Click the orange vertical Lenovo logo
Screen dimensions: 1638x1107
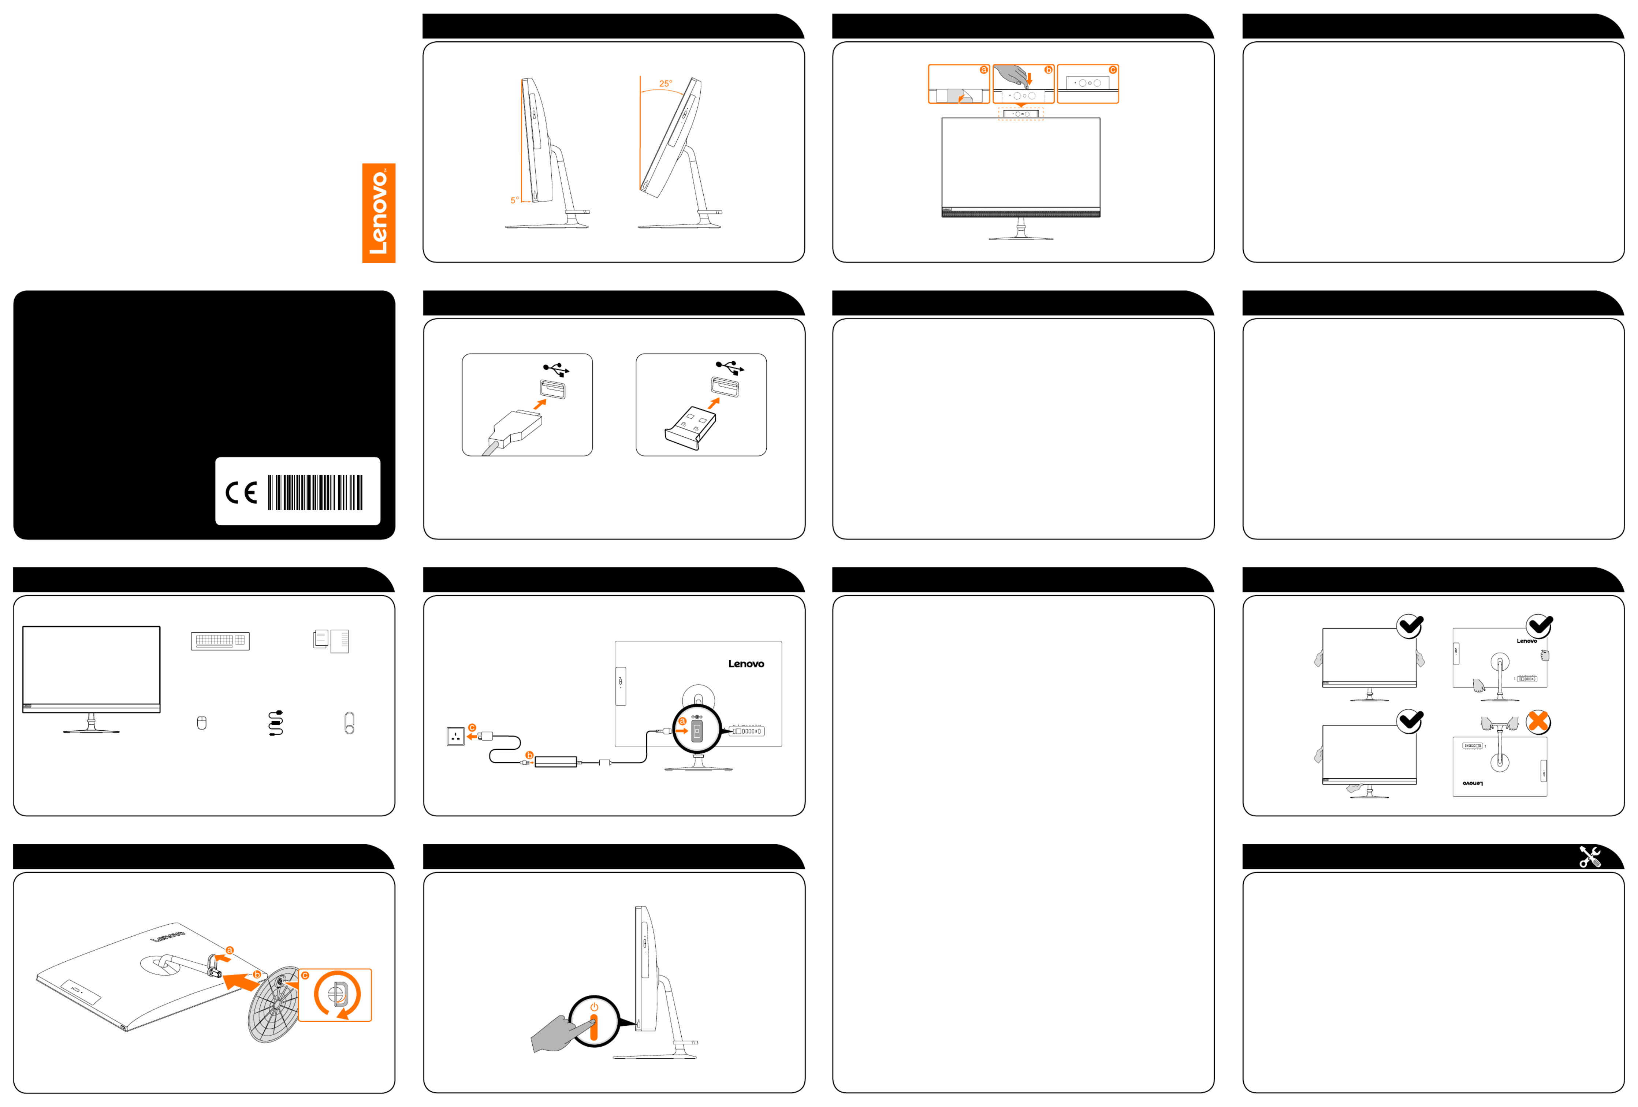379,213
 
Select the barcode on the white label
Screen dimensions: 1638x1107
315,492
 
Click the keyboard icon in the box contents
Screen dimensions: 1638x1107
220,641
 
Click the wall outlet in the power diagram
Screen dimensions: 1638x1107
455,737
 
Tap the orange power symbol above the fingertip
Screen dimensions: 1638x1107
594,1007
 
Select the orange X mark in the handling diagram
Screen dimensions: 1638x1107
1538,721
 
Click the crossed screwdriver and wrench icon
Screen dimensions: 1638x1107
1590,856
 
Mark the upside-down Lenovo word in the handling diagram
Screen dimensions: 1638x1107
1473,783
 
